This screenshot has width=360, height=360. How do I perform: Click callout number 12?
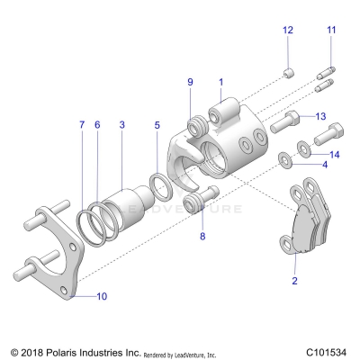click(288, 31)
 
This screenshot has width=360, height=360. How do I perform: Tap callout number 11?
click(331, 31)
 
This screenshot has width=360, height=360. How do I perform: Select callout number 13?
click(321, 117)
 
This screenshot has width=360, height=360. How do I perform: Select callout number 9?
click(190, 83)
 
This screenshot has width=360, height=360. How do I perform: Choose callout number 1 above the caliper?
click(220, 83)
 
